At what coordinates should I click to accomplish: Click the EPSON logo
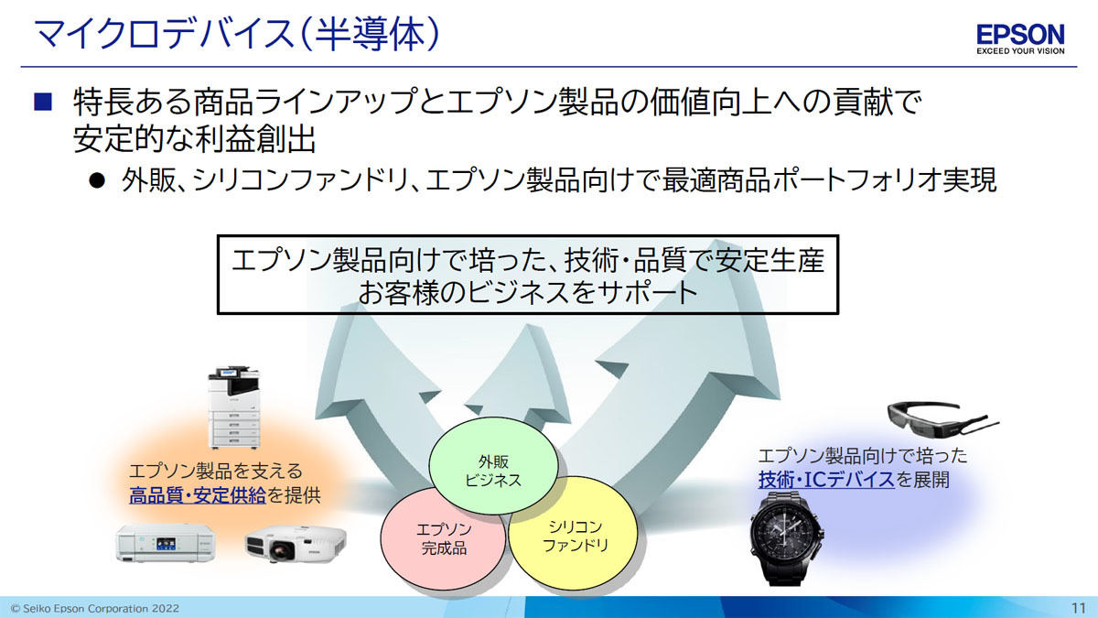point(1020,35)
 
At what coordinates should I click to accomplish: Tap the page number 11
point(1079,608)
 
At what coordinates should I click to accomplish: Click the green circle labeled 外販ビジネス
point(493,465)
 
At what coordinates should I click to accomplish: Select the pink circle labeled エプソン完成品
point(443,538)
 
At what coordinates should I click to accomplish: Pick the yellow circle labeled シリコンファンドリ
point(574,535)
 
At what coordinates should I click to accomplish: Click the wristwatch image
point(786,539)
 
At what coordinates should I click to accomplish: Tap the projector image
point(296,544)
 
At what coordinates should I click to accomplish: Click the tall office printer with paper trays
point(234,407)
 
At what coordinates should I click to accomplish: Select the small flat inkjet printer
point(166,543)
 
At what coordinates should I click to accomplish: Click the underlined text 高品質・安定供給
point(198,495)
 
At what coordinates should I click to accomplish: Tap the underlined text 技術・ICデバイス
point(826,479)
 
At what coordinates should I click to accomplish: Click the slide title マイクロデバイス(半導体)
point(236,33)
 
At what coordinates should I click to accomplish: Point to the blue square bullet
point(43,102)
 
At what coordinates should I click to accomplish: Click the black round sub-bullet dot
point(97,180)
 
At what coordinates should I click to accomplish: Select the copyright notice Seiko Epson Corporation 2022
point(95,609)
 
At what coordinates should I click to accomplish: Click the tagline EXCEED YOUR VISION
point(1020,51)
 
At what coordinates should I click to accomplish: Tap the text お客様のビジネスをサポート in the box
point(528,292)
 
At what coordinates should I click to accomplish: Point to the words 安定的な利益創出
point(194,139)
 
